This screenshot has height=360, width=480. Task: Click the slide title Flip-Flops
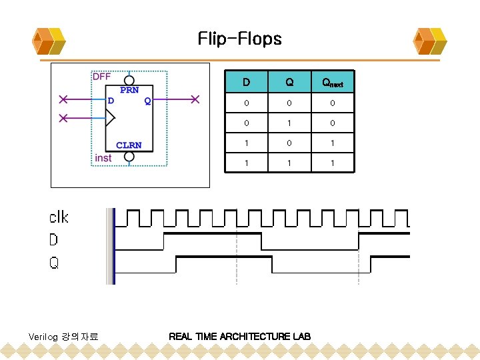pos(239,39)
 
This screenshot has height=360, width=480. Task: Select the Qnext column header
pos(332,83)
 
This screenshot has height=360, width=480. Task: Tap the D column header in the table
pos(246,83)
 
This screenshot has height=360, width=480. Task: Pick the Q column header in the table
pos(289,83)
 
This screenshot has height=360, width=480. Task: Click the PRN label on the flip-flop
pos(130,89)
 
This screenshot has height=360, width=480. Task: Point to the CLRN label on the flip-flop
pos(129,145)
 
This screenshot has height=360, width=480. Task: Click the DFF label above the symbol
pos(101,77)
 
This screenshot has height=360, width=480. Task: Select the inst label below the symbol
pos(103,158)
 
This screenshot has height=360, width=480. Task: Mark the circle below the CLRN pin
pos(129,156)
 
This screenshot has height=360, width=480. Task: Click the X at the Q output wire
pos(195,100)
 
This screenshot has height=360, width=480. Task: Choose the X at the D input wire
pos(63,100)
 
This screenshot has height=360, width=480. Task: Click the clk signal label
pos(59,217)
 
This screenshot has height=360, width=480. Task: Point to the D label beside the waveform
pos(54,239)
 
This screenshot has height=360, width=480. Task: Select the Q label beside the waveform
pos(54,263)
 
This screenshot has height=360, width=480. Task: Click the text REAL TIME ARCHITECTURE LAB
pos(239,336)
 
